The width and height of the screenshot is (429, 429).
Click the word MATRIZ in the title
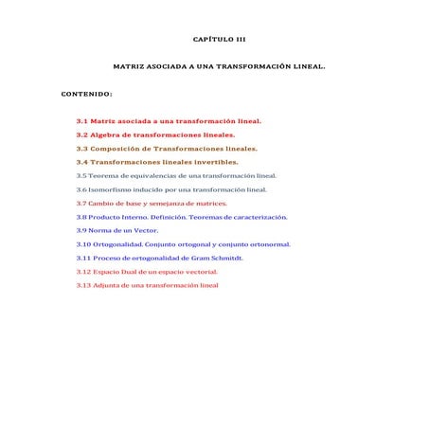coord(129,67)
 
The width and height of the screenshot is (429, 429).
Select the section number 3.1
coord(82,121)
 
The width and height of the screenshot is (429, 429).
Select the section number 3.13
coord(83,285)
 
